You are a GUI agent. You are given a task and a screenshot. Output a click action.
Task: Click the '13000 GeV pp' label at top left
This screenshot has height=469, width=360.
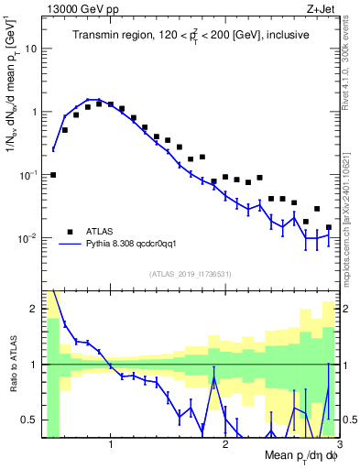coord(78,8)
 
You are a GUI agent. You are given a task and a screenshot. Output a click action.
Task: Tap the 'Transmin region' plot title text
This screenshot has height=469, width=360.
coord(191,35)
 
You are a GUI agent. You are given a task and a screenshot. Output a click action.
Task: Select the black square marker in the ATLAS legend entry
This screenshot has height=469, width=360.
coord(69,231)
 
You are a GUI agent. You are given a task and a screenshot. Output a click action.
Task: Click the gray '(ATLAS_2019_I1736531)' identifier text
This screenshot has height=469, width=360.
coord(191,274)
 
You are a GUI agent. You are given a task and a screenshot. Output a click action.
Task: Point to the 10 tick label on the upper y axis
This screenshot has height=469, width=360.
coord(31,49)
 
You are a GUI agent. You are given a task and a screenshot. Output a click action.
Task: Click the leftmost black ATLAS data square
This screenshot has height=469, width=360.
coord(53,174)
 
